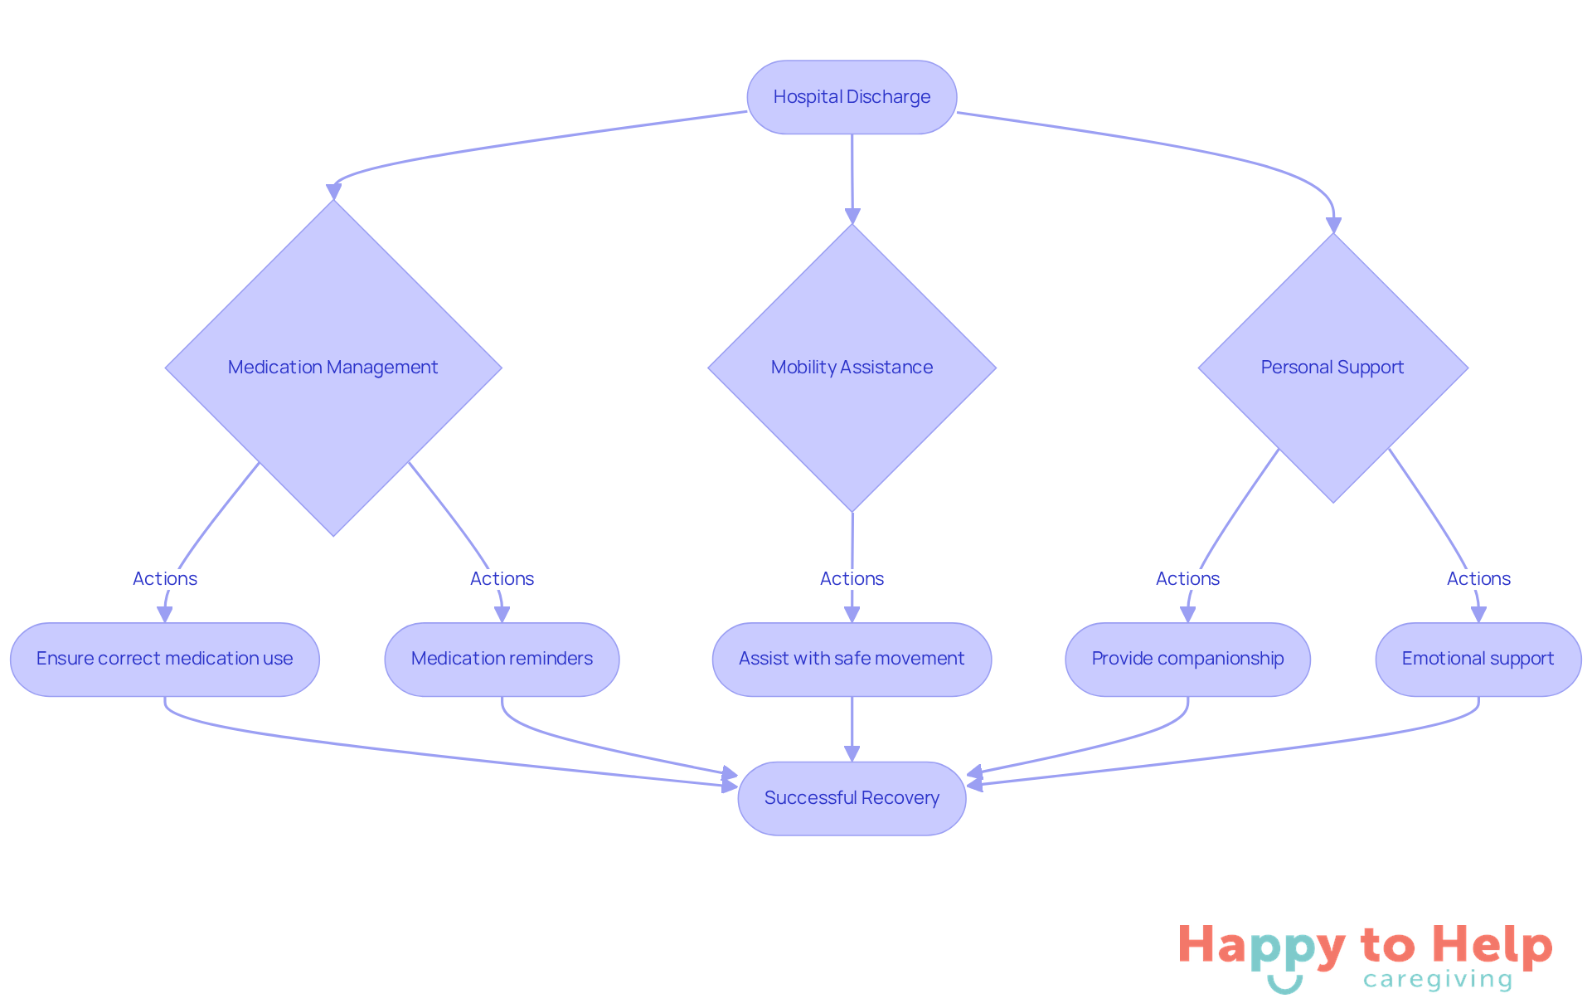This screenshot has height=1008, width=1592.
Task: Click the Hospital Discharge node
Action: [852, 97]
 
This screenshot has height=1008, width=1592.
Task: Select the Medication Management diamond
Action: [333, 368]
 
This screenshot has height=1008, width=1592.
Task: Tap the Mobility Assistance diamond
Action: [852, 368]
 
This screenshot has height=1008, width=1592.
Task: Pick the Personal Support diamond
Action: [1332, 368]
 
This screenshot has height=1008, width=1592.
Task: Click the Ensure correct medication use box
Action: [164, 659]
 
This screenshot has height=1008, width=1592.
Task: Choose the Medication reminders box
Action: [502, 659]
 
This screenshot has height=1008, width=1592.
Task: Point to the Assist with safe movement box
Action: [852, 659]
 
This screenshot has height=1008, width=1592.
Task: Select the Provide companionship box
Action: [1187, 659]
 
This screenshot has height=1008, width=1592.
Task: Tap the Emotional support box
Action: [1478, 659]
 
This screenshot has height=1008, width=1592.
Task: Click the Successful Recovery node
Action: [852, 798]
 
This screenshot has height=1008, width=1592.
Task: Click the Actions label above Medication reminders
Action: [502, 578]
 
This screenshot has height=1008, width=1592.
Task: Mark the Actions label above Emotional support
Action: [1478, 578]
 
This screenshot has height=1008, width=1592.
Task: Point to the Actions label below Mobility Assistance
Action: [852, 578]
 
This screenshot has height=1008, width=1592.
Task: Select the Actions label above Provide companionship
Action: [1187, 578]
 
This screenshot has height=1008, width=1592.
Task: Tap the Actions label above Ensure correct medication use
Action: [165, 578]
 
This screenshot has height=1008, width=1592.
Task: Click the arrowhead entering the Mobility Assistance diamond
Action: [852, 217]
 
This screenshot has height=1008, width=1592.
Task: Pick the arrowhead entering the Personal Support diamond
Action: [1333, 226]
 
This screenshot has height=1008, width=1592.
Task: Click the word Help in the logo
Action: [1492, 946]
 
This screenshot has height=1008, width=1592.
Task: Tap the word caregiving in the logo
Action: [1438, 980]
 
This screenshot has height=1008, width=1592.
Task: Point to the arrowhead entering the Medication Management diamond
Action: [333, 192]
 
